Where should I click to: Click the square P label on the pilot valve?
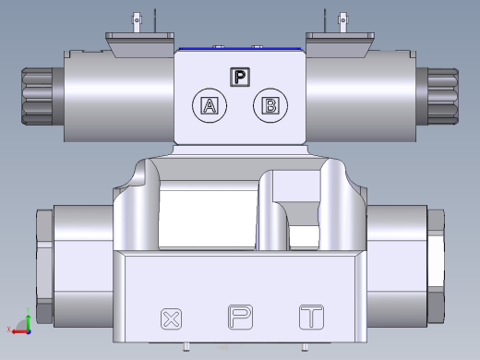coord(240,77)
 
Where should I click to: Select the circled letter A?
coord(209,105)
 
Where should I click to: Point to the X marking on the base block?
coord(170,319)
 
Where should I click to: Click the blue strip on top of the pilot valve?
coord(240,48)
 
